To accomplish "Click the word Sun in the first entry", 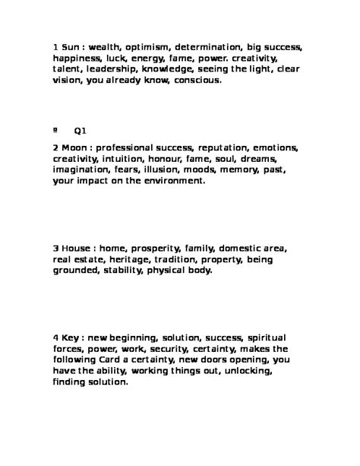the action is coord(71,46).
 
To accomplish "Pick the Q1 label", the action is coord(80,131).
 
